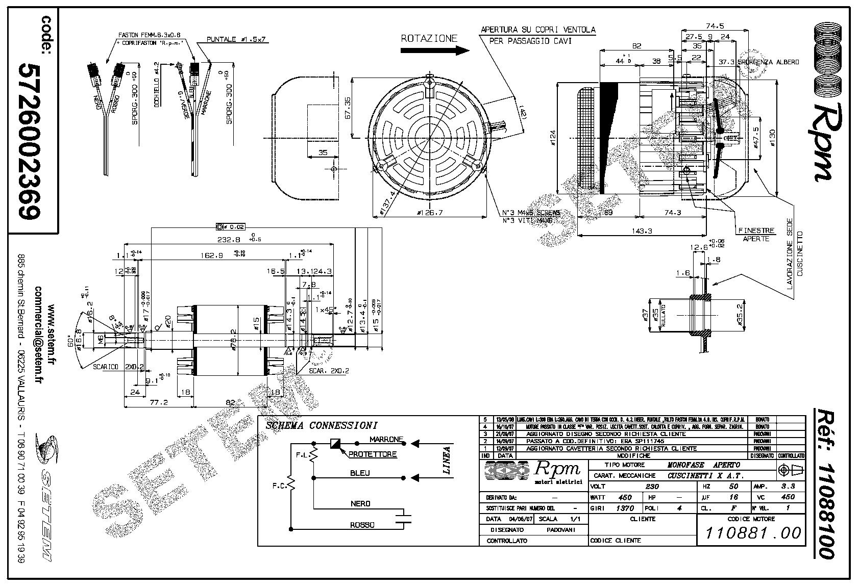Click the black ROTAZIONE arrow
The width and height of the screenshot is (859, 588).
tap(434, 50)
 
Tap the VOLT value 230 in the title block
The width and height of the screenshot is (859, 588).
tap(652, 487)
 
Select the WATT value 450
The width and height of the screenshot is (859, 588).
tap(625, 497)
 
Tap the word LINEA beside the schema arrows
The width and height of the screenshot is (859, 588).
tap(447, 461)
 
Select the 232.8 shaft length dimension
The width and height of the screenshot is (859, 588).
tap(228, 240)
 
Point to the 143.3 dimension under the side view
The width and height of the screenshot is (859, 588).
tap(642, 231)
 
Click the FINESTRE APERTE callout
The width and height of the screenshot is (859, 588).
tap(756, 235)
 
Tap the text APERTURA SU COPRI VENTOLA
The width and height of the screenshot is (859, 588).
tap(538, 30)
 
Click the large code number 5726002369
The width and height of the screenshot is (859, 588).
tap(29, 141)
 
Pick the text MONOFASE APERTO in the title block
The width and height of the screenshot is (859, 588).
tap(704, 465)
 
